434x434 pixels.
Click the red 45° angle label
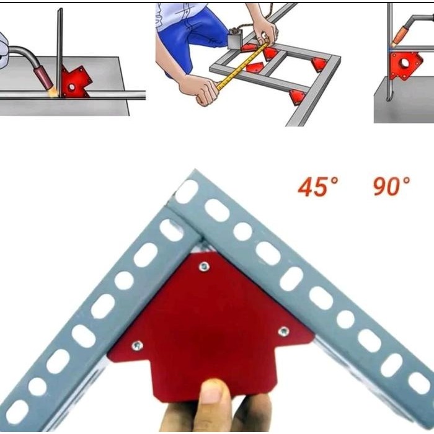pos(317,187)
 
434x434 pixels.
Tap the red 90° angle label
pos(391,186)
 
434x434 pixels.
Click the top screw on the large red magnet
pos(204,267)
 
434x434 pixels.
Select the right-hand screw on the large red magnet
pos(283,331)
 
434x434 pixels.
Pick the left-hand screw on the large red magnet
pos(137,345)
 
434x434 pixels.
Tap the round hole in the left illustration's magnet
pos(72,87)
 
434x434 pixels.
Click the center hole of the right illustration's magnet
pos(405,63)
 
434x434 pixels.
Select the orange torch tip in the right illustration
pos(398,37)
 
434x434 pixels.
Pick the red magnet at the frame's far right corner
pos(319,64)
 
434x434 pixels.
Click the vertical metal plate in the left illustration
pos(60,53)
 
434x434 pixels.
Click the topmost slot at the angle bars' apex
pos(187,192)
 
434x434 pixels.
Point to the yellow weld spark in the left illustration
pos(53,92)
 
